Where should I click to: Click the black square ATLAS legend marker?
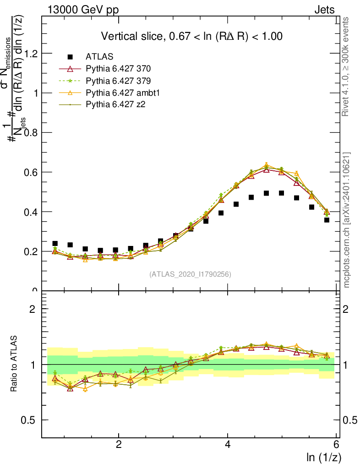pos(70,57)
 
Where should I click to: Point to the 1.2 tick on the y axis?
pos(31,54)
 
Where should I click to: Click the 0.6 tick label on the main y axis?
pos(31,172)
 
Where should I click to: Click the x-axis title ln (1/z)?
pos(323,457)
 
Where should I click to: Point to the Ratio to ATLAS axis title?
pos(14,364)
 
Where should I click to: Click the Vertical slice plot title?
pos(191,36)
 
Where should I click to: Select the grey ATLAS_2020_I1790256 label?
pos(190,274)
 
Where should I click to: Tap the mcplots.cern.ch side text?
pos(347,220)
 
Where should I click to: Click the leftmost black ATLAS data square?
pos(55,244)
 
